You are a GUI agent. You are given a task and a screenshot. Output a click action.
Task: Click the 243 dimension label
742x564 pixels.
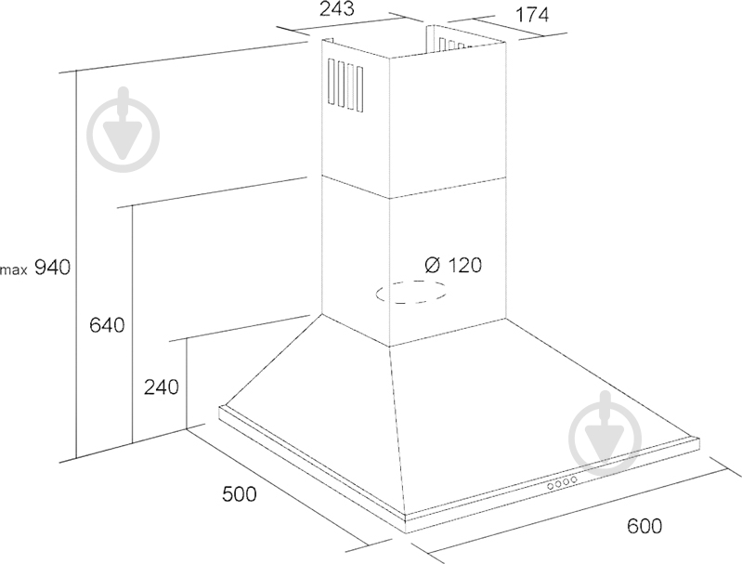336,8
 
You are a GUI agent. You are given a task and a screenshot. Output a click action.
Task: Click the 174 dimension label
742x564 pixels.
531,15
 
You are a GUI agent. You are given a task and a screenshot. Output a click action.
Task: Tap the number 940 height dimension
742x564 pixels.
53,268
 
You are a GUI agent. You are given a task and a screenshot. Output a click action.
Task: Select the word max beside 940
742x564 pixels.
14,270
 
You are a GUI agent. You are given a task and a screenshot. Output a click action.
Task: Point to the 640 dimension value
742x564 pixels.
107,325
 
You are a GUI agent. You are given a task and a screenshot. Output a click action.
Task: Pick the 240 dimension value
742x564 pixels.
162,387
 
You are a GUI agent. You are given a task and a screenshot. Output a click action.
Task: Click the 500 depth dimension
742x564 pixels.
239,494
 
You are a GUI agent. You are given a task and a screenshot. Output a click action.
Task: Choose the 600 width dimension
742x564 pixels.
644,526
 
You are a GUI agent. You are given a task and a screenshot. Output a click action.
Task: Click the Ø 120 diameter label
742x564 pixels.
453,265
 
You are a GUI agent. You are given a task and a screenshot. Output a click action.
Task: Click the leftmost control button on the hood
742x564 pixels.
551,486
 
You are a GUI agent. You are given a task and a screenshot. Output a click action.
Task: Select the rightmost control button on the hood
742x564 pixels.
574,480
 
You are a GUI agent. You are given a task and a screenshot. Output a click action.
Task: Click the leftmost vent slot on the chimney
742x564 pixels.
331,83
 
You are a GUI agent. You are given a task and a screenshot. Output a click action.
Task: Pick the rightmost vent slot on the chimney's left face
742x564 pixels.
359,89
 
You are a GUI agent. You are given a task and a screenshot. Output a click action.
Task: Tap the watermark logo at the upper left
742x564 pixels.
124,130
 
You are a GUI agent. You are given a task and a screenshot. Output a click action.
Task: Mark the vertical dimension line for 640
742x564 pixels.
133,324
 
